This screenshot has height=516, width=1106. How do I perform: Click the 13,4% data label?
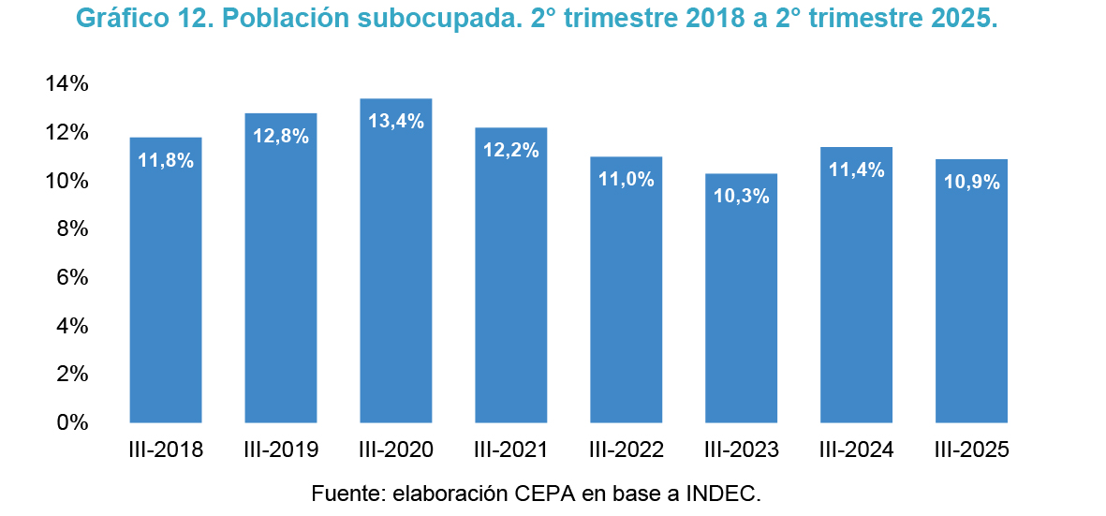click(396, 121)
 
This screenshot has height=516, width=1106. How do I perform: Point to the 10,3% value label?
click(742, 196)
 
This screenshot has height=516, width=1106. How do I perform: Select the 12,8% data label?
click(281, 136)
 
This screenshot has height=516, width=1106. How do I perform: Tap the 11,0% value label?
click(627, 179)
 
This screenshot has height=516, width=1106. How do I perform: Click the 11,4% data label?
click(857, 170)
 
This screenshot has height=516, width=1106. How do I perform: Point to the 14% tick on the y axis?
click(66, 84)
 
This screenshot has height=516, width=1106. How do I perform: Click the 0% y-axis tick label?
click(73, 422)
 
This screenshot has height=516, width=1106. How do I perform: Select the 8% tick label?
click(73, 229)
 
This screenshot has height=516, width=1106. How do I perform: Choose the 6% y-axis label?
click(73, 278)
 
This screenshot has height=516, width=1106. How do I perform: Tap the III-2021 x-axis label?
click(511, 450)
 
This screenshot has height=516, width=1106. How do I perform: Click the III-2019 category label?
click(281, 450)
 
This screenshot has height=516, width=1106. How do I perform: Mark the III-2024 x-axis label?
click(857, 450)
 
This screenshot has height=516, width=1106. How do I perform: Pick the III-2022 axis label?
click(627, 450)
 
